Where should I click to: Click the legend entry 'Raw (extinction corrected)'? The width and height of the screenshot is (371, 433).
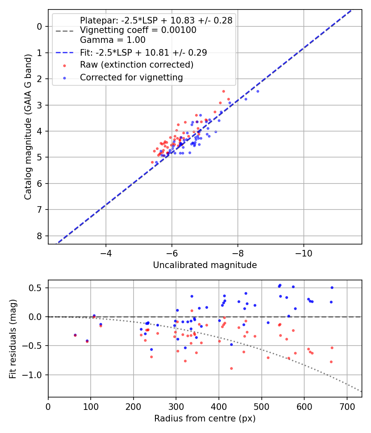136,65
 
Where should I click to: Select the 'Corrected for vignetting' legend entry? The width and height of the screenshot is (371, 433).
131,77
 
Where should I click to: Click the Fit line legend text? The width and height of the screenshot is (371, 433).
143,52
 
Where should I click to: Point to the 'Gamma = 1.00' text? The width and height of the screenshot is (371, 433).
113,40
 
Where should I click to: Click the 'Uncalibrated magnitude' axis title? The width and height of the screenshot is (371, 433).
205,265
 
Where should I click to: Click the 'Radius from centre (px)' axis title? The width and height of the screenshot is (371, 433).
205,419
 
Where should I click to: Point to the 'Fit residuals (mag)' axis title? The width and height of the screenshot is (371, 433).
13,339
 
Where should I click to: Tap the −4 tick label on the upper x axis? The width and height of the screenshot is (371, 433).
106,252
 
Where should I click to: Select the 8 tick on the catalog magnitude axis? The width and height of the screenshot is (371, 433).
40,236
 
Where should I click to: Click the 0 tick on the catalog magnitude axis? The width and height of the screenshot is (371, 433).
40,26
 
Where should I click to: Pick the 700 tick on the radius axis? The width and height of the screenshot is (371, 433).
347,406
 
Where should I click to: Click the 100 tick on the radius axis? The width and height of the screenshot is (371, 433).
91,406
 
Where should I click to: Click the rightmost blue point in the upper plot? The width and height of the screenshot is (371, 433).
258,91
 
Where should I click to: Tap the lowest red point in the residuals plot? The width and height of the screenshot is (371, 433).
231,368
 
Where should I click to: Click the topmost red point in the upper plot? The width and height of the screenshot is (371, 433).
223,91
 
